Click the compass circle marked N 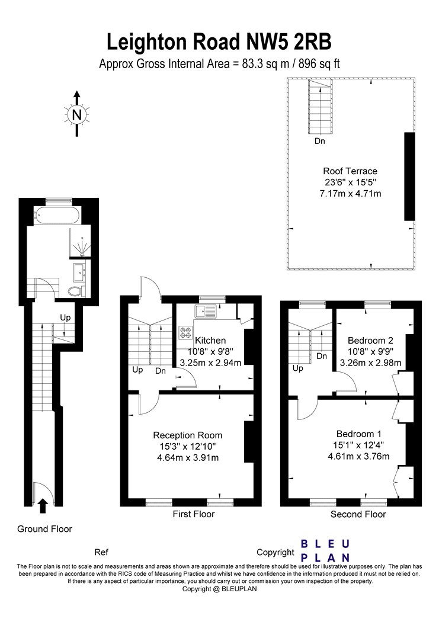(x=77, y=115)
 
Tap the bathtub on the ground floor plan (x=57, y=216)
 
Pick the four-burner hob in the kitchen (x=185, y=332)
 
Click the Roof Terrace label (x=350, y=171)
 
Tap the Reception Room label (x=188, y=435)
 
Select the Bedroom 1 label (x=358, y=434)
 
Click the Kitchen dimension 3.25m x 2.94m (x=210, y=363)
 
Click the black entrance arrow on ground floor (x=43, y=506)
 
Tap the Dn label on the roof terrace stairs (x=320, y=141)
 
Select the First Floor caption (x=194, y=514)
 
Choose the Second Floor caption (x=358, y=515)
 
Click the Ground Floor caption (x=44, y=529)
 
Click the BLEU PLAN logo (x=325, y=550)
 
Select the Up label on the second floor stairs (x=298, y=368)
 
